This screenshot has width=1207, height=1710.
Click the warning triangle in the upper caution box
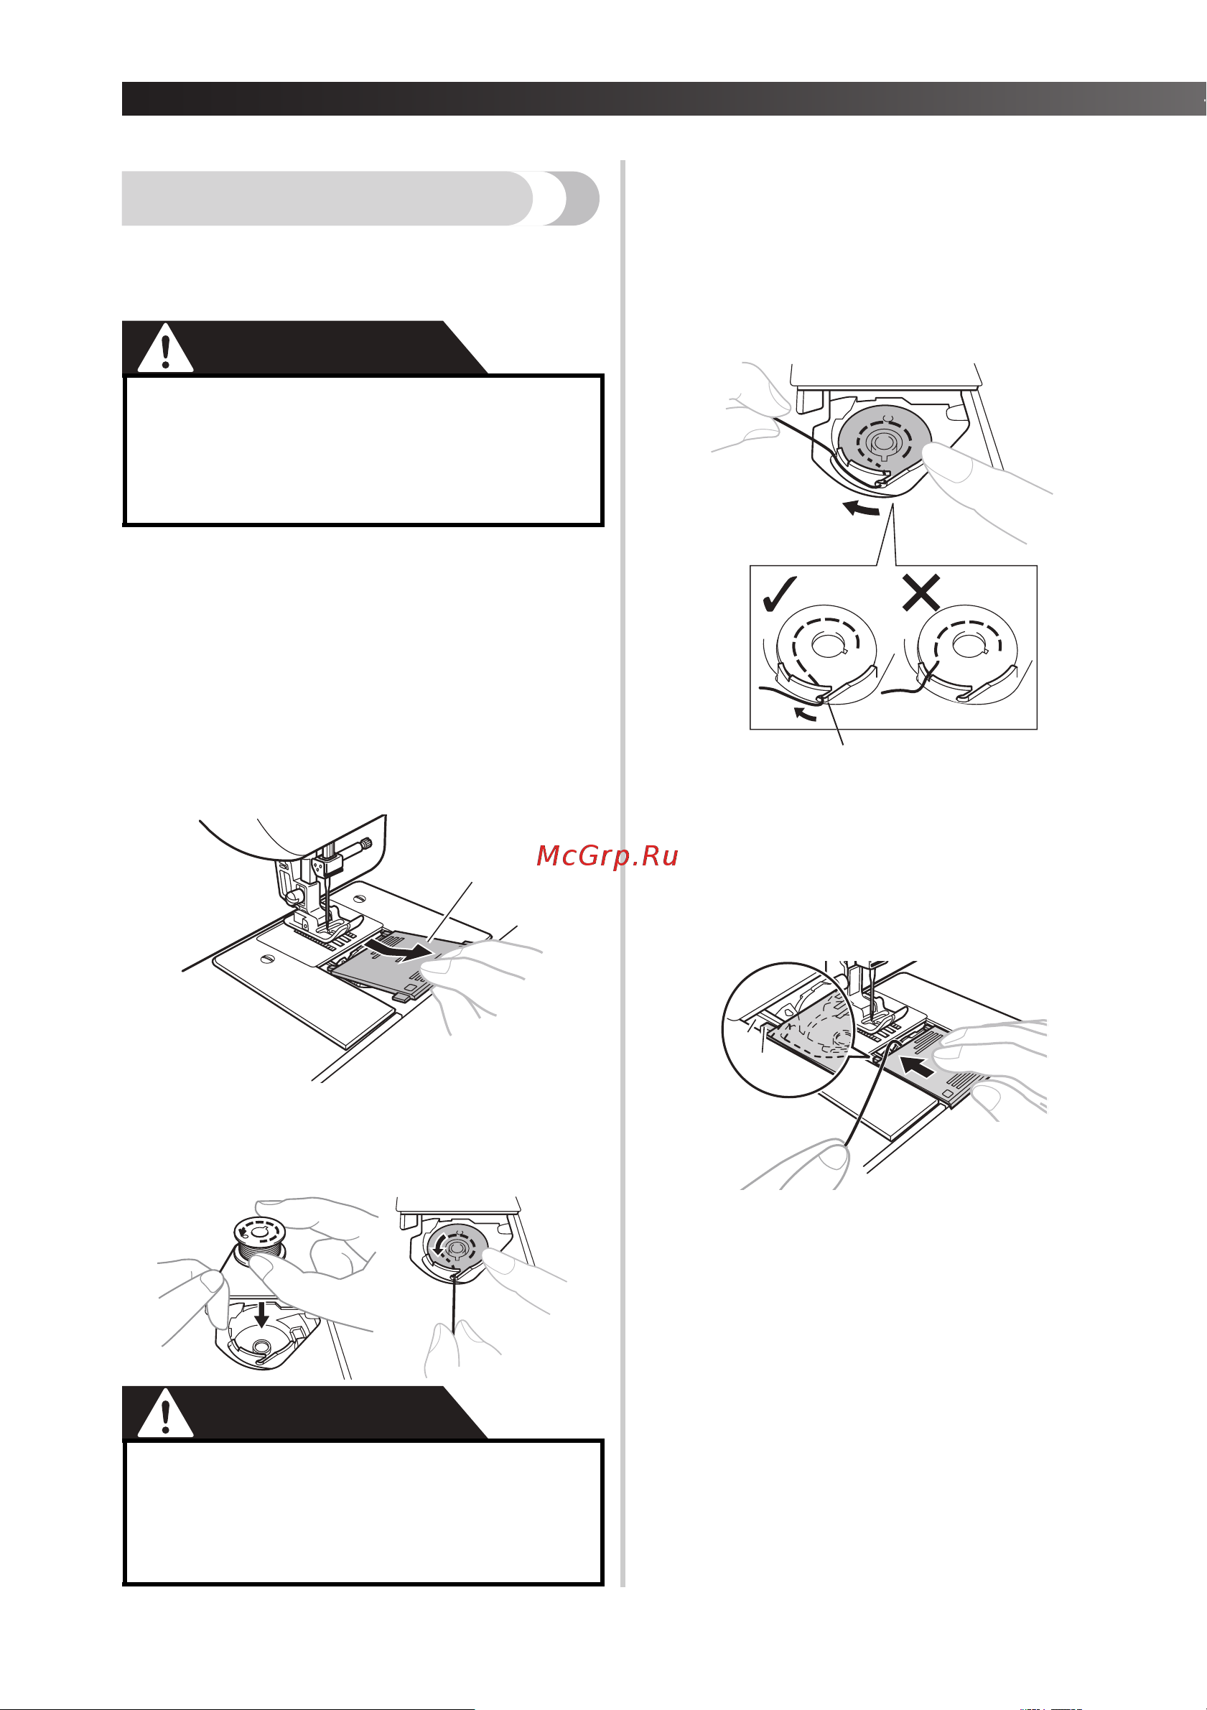(165, 348)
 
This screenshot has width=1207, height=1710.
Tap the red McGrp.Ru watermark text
(607, 856)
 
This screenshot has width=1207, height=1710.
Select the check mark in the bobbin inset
(780, 593)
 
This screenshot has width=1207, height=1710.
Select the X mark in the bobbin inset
(921, 593)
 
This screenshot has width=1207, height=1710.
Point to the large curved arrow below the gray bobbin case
(861, 510)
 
